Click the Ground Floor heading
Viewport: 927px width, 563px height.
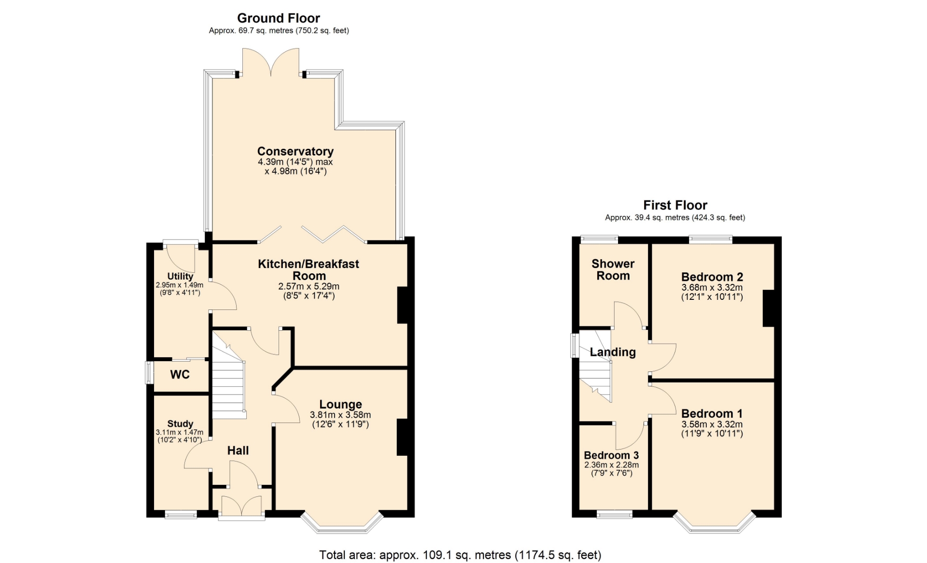279,18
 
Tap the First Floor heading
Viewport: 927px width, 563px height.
675,205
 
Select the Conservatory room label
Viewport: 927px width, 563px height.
295,152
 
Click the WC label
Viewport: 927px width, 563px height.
180,375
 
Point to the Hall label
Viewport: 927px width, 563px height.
238,450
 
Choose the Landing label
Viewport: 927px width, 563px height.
613,352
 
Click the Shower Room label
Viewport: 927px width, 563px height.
613,269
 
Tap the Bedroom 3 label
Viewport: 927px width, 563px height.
611,455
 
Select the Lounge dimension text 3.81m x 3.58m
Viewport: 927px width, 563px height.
340,415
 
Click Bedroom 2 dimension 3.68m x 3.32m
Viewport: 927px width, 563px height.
712,287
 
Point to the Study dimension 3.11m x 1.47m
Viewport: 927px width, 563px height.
180,433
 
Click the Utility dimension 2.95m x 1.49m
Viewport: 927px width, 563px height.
180,285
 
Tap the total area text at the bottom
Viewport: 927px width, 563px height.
460,555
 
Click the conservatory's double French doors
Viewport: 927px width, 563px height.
271,63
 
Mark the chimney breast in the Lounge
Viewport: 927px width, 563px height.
403,437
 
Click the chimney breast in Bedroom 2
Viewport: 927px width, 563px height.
769,308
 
